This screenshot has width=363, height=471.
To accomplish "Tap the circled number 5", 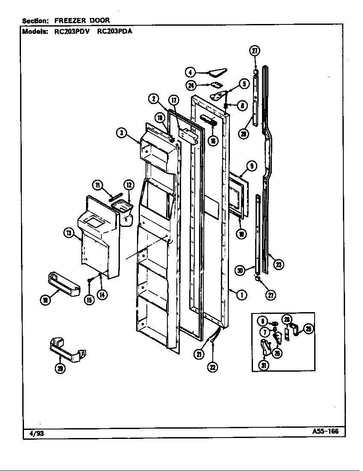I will pyautogui.click(x=244, y=84).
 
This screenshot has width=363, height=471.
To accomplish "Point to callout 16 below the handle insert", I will pyautogui.click(x=213, y=140).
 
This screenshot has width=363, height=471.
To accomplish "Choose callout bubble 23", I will pyautogui.click(x=279, y=265).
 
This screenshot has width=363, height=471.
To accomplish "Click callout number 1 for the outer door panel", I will pyautogui.click(x=242, y=295).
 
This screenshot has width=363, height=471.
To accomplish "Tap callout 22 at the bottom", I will pyautogui.click(x=212, y=366).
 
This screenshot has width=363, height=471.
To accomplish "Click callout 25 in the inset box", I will pyautogui.click(x=308, y=329).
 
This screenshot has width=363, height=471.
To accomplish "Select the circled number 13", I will pyautogui.click(x=68, y=233).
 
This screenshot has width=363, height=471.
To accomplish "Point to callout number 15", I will pyautogui.click(x=89, y=300).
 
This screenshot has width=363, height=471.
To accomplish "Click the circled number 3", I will pyautogui.click(x=122, y=133).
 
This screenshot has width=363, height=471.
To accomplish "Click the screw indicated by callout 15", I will pyautogui.click(x=89, y=280).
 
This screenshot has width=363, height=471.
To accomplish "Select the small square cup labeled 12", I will pyautogui.click(x=123, y=209).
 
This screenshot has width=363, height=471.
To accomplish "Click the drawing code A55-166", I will pyautogui.click(x=325, y=431).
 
